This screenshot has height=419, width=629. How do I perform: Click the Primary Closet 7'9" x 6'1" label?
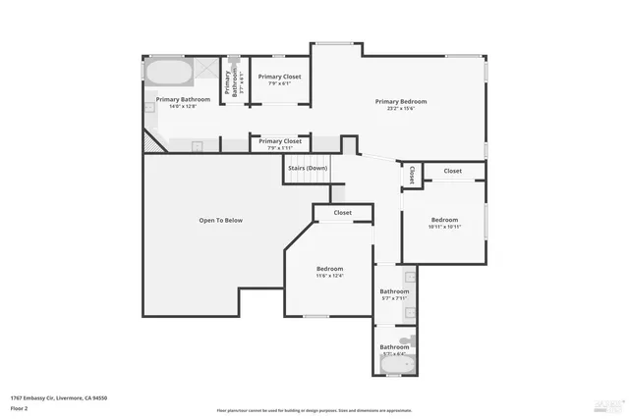279,79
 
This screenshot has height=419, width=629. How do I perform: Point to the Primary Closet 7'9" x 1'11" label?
279,144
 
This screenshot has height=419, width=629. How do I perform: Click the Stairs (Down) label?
307,168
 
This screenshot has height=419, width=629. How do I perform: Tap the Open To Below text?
220,220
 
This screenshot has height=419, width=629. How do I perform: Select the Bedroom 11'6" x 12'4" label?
329,272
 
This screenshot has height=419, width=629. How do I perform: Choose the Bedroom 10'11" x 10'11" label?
445,223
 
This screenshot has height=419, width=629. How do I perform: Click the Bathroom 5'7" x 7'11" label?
395,294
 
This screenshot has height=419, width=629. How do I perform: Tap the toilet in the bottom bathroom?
412,342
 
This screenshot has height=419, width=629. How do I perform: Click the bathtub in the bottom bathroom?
398,366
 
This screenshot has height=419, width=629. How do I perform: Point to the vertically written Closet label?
411,175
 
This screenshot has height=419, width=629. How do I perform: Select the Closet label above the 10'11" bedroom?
452,171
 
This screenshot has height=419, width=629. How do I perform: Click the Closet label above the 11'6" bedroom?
342,212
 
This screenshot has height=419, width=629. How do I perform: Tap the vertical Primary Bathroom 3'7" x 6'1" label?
233,80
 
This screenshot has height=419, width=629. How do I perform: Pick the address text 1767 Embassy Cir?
59,397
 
